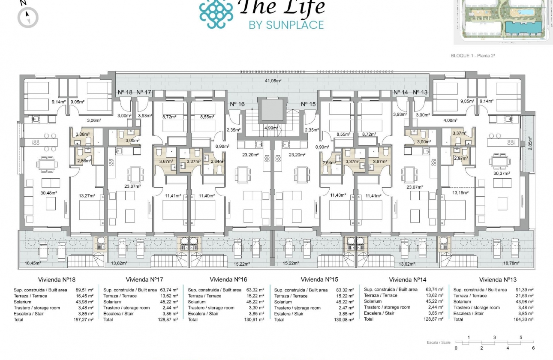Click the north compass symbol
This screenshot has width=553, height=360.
[x=28, y=17]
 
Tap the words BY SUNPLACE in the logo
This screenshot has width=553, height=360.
[x=286, y=25]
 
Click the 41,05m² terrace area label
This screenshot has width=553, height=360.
[x=272, y=81]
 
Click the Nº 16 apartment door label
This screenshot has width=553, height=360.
[x=237, y=104]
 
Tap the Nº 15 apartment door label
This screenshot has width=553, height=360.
[x=308, y=104]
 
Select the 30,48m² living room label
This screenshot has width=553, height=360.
[x=49, y=193]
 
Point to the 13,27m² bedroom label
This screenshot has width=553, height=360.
[x=86, y=196]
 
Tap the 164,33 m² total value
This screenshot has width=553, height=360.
[x=524, y=319]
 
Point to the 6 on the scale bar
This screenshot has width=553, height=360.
[x=533, y=348]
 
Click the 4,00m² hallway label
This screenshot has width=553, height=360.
[x=448, y=120]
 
